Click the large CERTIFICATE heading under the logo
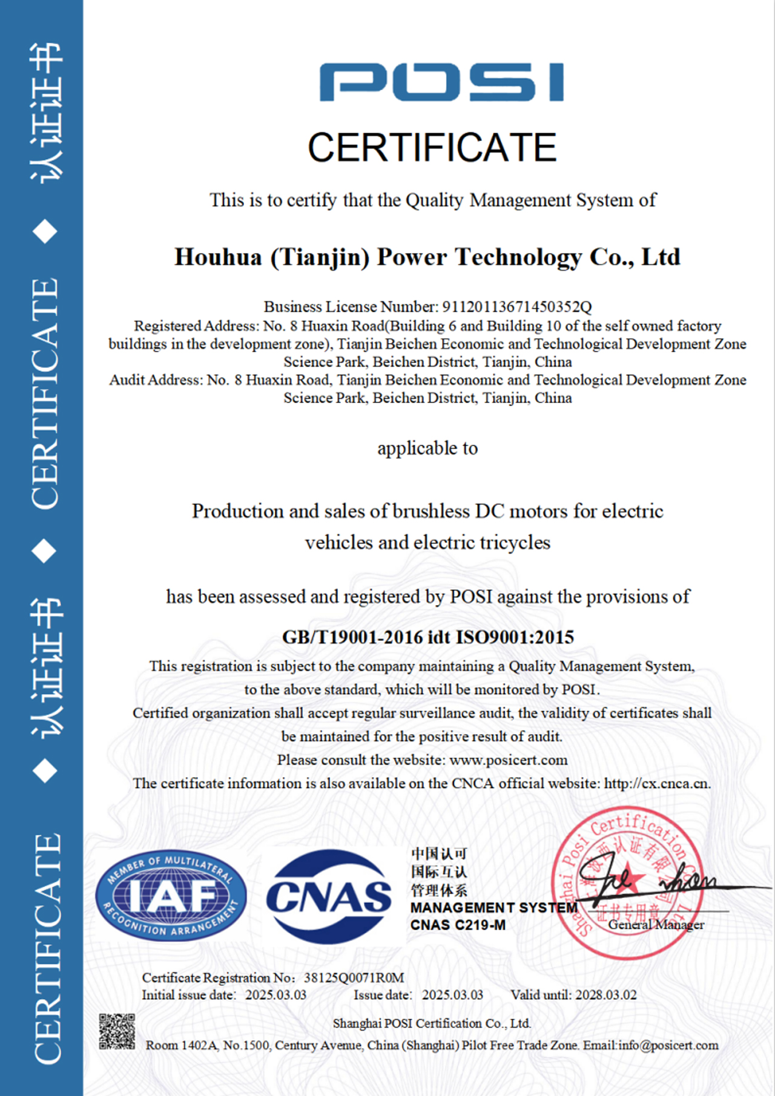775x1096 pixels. pos(432,148)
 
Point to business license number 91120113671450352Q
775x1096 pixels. pos(516,307)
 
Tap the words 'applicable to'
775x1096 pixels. pos(427,448)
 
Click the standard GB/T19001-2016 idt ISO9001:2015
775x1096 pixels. pos(428,637)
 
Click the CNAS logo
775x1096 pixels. pos(329,896)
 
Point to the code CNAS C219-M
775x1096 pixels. pos(458,925)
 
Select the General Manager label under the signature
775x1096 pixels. pos(656,925)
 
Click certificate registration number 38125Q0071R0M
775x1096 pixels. pos(354,978)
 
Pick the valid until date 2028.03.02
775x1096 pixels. pos(605,995)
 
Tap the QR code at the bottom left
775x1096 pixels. pos(117,1032)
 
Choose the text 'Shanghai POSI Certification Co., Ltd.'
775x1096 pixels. pos(432,1023)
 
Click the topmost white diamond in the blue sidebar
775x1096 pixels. pos(45,232)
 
